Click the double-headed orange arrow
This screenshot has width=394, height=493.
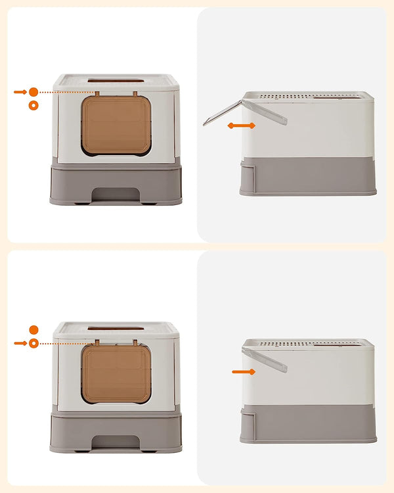(x=242, y=125)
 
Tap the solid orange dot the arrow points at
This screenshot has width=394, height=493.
(x=33, y=92)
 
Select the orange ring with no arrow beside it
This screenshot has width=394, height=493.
(x=33, y=105)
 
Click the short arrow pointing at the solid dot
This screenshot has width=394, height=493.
(x=20, y=92)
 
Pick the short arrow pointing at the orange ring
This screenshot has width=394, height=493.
(x=20, y=343)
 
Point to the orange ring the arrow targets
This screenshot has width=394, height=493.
(x=33, y=343)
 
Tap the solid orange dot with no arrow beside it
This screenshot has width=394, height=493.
(x=33, y=329)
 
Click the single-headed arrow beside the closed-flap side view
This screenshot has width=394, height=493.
(x=243, y=372)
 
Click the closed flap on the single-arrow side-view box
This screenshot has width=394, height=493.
(x=264, y=360)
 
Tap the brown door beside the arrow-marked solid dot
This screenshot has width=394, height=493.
(x=116, y=125)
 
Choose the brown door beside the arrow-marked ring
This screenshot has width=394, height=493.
(x=116, y=373)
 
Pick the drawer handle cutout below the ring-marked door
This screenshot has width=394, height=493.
(x=116, y=442)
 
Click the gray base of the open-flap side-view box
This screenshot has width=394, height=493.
(x=309, y=176)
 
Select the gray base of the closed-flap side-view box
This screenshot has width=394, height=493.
(x=309, y=424)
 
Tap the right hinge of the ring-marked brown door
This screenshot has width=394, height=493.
(x=136, y=342)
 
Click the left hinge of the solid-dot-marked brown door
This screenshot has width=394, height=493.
(x=97, y=93)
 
